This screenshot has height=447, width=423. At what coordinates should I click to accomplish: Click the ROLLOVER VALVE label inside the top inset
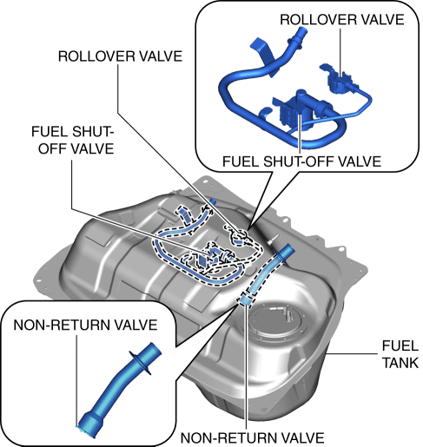point(342,20)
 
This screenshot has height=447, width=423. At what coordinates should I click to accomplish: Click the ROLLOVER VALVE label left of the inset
point(120,56)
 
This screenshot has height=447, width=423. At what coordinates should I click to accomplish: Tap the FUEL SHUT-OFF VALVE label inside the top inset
point(301,161)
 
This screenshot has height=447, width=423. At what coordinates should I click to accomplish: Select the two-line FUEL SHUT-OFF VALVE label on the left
point(73,140)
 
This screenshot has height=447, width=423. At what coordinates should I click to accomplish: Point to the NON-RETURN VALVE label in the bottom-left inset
point(85,325)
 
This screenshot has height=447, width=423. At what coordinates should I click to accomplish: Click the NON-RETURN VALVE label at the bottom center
point(252,437)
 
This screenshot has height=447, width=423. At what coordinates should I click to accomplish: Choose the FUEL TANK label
point(400,354)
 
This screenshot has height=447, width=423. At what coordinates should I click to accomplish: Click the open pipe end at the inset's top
point(301,30)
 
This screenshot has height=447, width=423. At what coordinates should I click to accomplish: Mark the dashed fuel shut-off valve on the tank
point(214,254)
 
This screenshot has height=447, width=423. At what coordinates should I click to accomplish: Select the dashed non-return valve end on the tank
point(245,299)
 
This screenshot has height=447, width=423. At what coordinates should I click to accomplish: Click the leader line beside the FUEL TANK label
point(352,353)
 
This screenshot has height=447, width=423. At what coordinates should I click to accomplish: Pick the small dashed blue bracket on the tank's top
point(183,214)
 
